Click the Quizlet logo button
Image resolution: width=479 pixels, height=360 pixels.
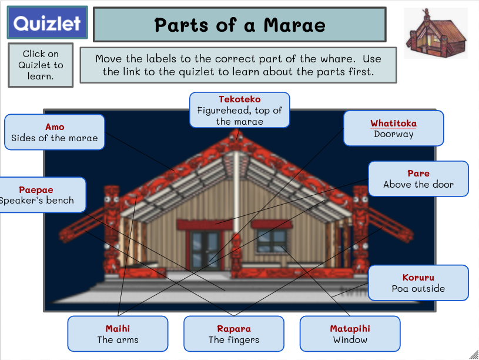48,22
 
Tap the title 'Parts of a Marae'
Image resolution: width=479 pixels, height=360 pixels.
240,25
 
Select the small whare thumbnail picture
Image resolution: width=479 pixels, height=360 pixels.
436,33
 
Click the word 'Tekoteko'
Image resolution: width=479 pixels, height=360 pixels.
240,99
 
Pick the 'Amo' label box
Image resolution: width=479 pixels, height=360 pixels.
55,132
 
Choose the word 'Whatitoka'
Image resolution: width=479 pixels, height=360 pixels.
393,124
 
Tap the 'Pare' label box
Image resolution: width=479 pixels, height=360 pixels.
418,179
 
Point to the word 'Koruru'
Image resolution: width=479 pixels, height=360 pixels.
418,278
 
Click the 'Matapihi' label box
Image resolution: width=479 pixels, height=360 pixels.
350,334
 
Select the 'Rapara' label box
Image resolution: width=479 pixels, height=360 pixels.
234,334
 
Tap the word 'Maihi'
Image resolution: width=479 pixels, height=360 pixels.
118,328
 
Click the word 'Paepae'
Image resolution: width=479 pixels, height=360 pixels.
36,189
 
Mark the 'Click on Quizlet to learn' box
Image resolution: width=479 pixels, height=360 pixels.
41,65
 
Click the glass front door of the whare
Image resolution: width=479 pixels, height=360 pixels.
205,250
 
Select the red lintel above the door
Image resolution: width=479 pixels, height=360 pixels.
205,225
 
